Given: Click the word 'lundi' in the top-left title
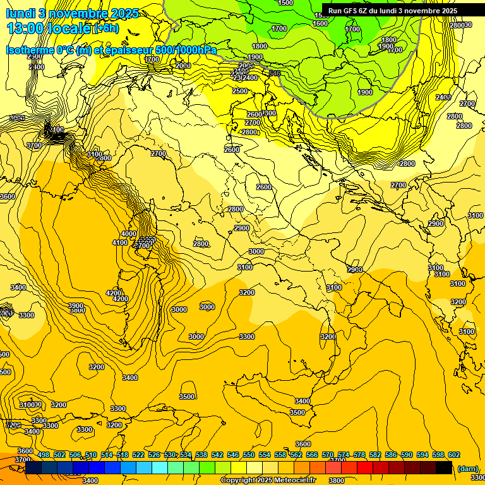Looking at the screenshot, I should [20, 13].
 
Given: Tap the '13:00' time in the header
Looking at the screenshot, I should [23, 28].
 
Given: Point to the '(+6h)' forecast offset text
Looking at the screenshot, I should [105, 28].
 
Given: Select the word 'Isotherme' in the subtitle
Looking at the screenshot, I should [29, 51].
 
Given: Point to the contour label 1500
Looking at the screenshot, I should [285, 3].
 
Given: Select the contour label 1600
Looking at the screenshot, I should [321, 23].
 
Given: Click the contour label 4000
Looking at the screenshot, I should [128, 234].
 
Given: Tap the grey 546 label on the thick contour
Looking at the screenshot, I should [274, 74].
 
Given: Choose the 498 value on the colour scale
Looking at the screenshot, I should [44, 455].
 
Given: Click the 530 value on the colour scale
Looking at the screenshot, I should [170, 455].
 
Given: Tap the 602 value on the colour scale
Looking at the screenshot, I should [454, 455].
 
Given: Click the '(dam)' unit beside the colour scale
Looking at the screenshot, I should [467, 468].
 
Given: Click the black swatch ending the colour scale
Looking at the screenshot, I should [445, 468].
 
